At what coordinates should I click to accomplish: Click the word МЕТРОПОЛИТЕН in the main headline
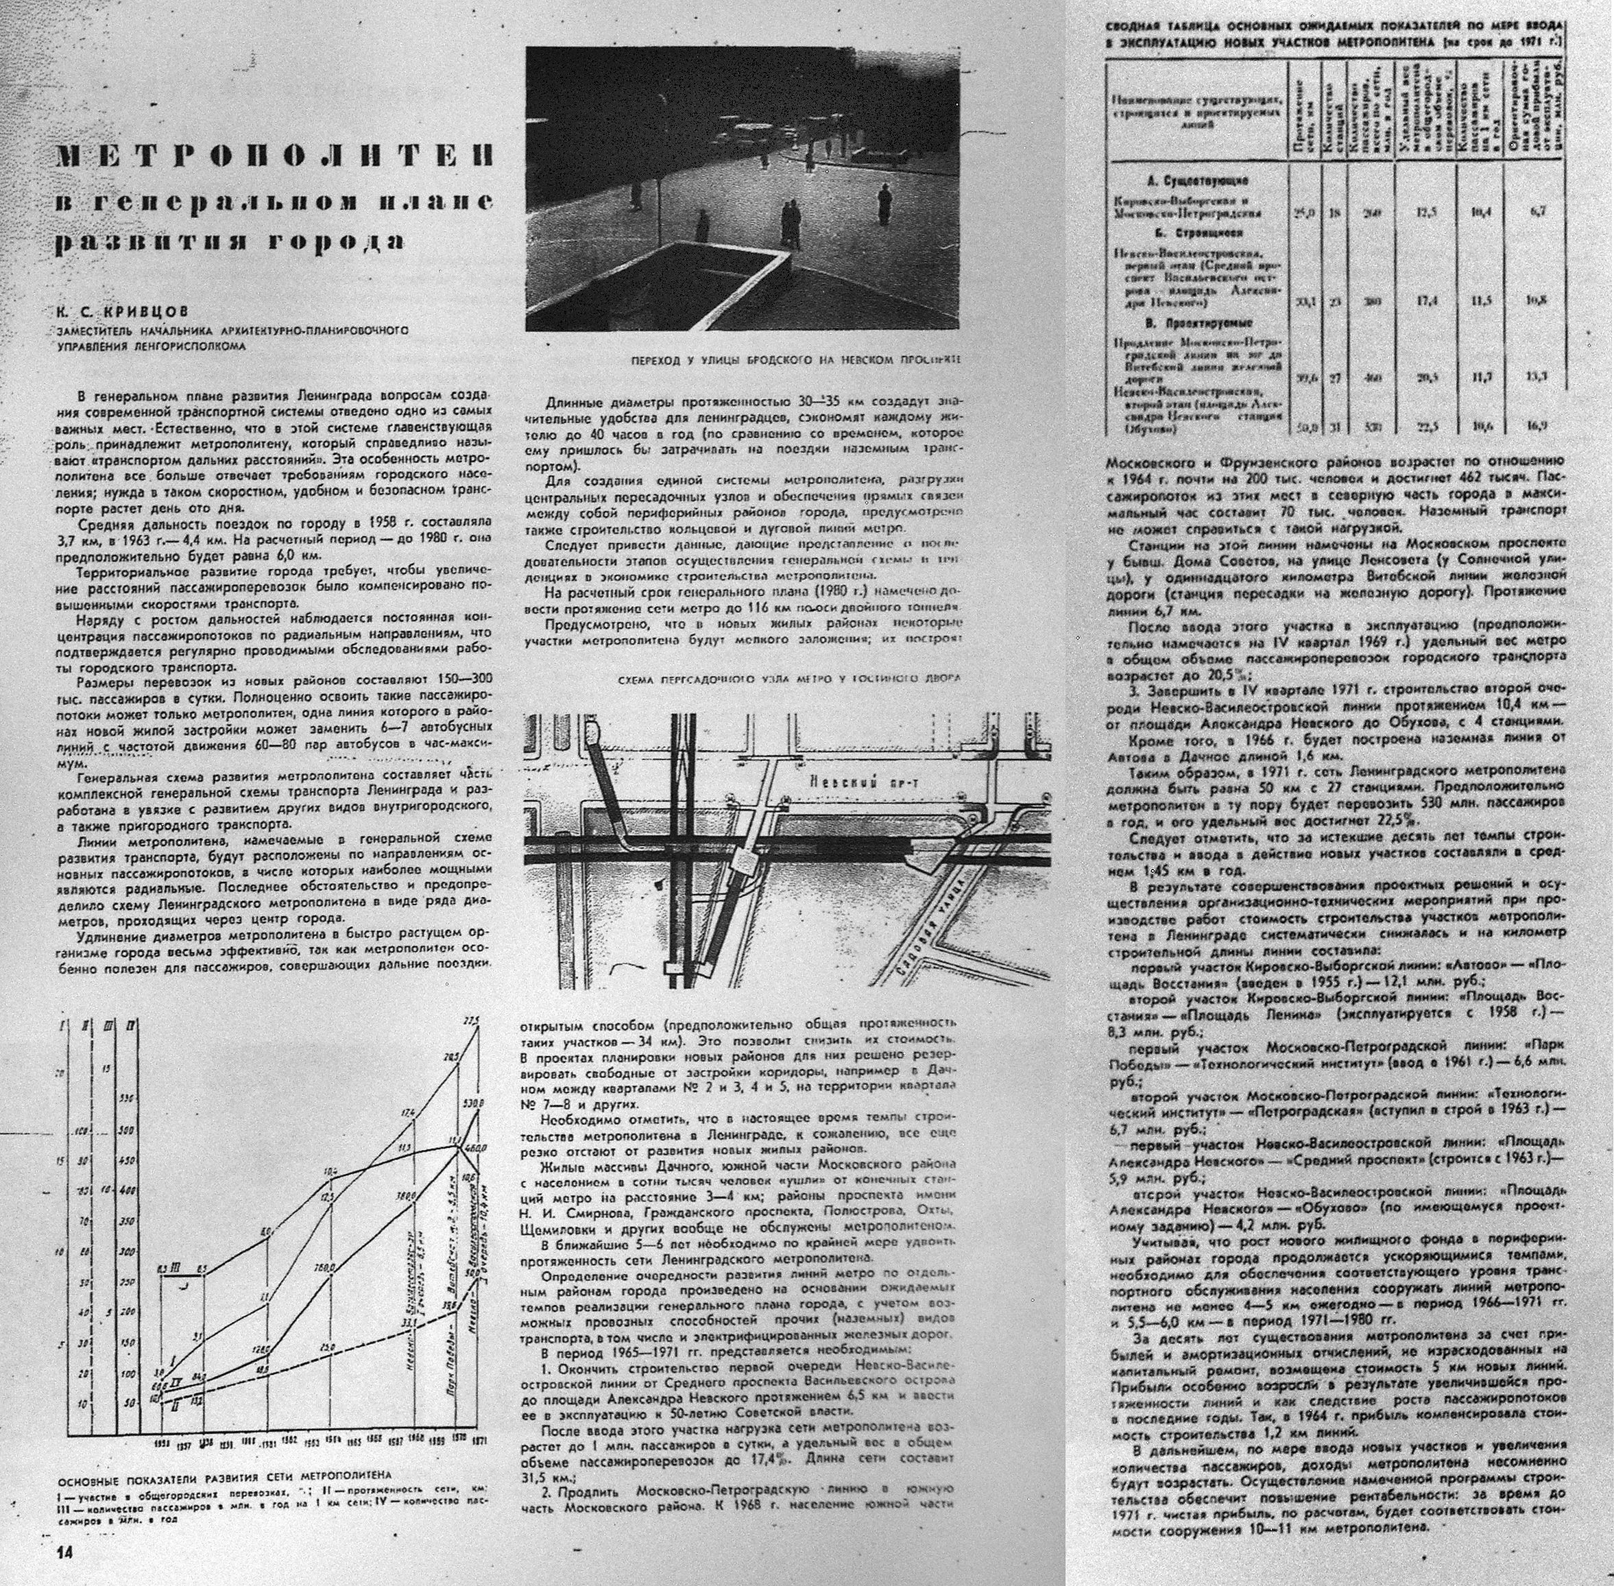pos(275,155)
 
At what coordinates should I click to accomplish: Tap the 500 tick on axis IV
pos(127,1130)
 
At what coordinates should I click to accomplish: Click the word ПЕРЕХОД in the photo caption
pos(655,361)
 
